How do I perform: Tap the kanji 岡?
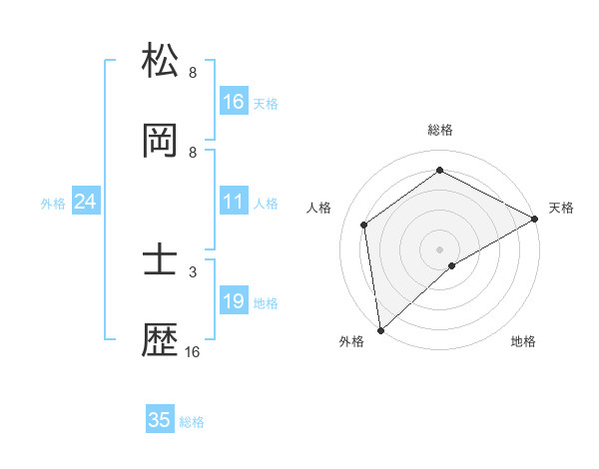[x=161, y=142]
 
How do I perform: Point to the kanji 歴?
[x=161, y=342]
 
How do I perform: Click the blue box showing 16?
[x=234, y=101]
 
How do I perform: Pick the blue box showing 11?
[x=234, y=202]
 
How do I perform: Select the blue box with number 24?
[x=86, y=202]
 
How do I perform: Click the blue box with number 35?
[x=160, y=420]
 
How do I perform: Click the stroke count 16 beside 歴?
[x=192, y=352]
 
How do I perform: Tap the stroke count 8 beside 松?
[x=192, y=72]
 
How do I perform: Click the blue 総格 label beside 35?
[x=192, y=422]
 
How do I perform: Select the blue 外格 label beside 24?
[x=53, y=203]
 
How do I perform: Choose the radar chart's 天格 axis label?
[x=561, y=208]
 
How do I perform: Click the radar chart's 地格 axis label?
[x=523, y=342]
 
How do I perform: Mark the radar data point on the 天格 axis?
[x=535, y=219]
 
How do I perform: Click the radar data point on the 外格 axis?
[x=380, y=329]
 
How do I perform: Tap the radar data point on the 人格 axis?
[x=364, y=225]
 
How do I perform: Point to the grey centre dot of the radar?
[x=439, y=248]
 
